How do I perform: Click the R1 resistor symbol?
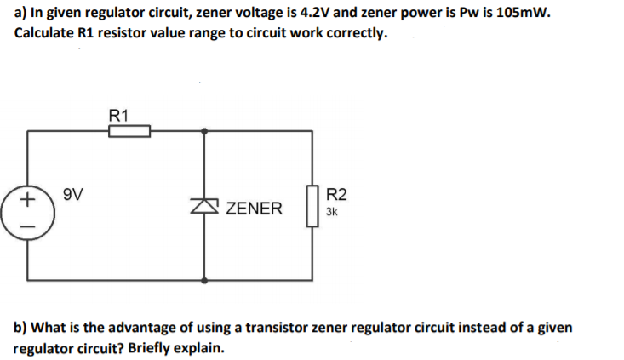129,131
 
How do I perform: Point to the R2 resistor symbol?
312,205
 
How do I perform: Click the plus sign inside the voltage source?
27,200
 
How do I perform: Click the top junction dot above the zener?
205,131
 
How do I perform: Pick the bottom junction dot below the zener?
205,277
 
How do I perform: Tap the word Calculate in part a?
48,34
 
